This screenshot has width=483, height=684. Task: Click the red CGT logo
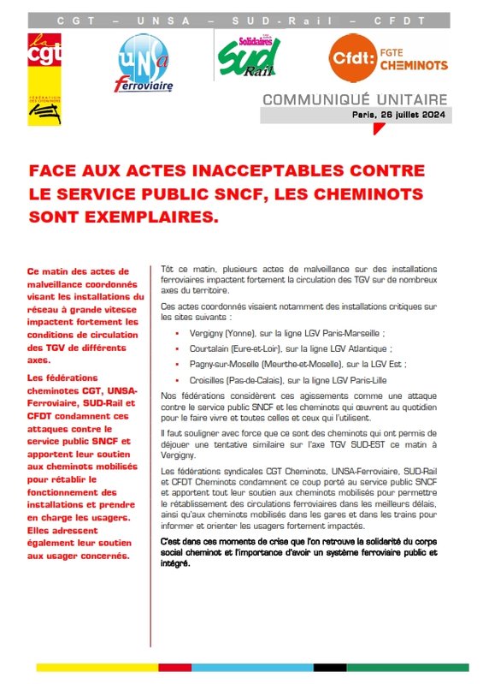click(x=40, y=56)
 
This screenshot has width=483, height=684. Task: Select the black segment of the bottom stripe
click(x=329, y=667)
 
